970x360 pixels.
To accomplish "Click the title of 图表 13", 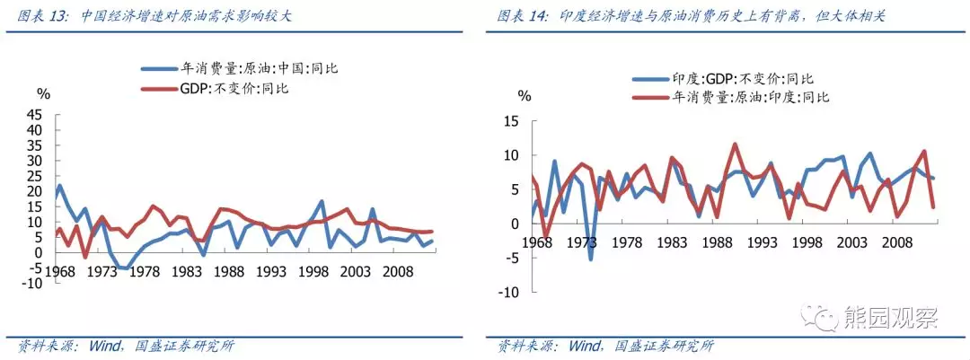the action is (x=154, y=16).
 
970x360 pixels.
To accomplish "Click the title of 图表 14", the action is (x=691, y=16).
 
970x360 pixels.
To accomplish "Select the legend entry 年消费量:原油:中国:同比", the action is (x=239, y=68).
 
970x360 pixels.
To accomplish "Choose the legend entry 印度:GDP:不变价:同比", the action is (x=722, y=79).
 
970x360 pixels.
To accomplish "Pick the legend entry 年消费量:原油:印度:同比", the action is (x=730, y=97).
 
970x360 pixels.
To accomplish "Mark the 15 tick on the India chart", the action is (x=514, y=120).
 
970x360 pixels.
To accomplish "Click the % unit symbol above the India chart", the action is (x=524, y=96).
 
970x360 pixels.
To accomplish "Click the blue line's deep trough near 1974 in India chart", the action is (x=591, y=259).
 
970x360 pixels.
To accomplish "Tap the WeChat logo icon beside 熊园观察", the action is (x=818, y=317).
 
